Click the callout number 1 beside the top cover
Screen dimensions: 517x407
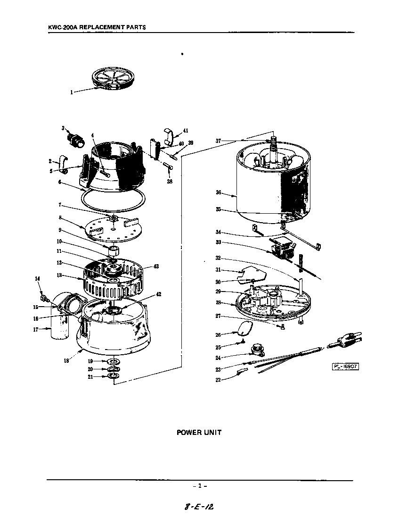click(72, 92)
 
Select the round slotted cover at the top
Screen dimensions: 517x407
click(112, 78)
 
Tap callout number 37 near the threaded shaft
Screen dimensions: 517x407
click(218, 141)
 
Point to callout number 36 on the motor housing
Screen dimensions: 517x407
click(219, 192)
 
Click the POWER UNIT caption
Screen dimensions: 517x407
click(199, 432)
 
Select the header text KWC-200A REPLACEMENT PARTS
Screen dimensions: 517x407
click(97, 27)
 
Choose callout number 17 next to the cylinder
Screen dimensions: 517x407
click(35, 329)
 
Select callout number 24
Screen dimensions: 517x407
click(218, 358)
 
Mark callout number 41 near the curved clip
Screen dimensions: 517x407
click(186, 130)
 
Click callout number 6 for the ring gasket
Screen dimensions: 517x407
click(60, 182)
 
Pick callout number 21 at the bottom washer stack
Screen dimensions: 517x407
click(91, 377)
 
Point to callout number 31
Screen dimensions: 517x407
click(218, 270)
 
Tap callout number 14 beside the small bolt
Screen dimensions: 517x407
click(38, 279)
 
